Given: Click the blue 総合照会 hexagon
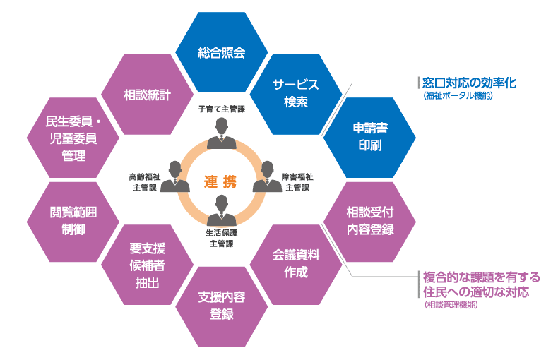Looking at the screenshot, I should point(221,53).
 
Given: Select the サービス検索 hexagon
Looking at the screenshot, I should point(296,93).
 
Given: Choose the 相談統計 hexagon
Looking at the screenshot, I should point(147,94).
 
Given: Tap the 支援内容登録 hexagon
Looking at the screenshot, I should point(221,306).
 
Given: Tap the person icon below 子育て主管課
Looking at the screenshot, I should point(221,133).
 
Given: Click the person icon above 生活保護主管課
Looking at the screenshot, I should point(221,210).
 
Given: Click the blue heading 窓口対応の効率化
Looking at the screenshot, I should point(468,83).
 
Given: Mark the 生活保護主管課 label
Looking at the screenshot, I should point(221,238).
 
